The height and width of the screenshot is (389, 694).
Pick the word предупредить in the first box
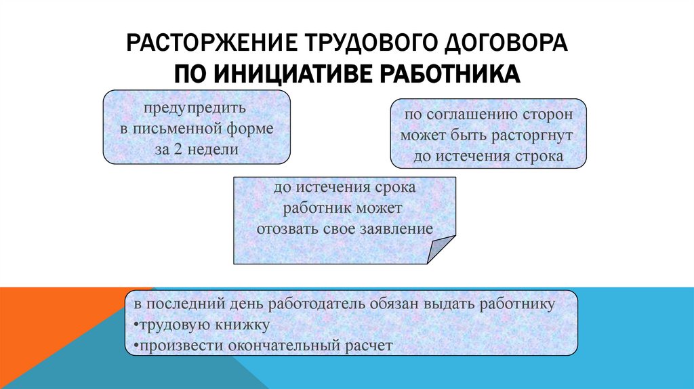tap(192, 108)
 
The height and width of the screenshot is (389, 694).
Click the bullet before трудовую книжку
tap(134, 325)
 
